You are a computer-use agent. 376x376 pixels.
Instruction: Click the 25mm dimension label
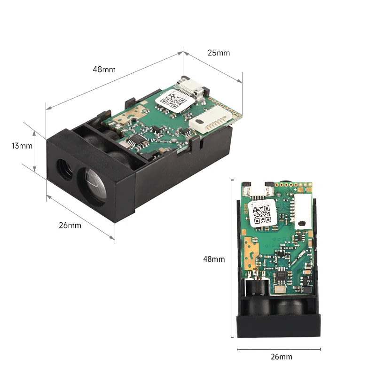219,53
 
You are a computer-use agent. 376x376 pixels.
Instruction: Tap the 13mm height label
22,146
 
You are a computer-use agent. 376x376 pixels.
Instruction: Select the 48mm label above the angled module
104,69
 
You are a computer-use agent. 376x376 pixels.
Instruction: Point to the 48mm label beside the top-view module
214,259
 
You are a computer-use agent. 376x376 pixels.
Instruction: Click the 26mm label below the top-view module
281,357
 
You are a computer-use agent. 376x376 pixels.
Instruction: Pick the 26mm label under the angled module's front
70,225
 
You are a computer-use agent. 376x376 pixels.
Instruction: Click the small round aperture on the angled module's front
62,168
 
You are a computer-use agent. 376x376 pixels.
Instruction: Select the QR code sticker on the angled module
172,101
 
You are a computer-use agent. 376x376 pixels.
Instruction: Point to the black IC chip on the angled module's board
134,140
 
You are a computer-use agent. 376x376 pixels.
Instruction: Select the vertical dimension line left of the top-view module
232,258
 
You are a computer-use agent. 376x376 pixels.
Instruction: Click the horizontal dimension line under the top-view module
279,349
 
